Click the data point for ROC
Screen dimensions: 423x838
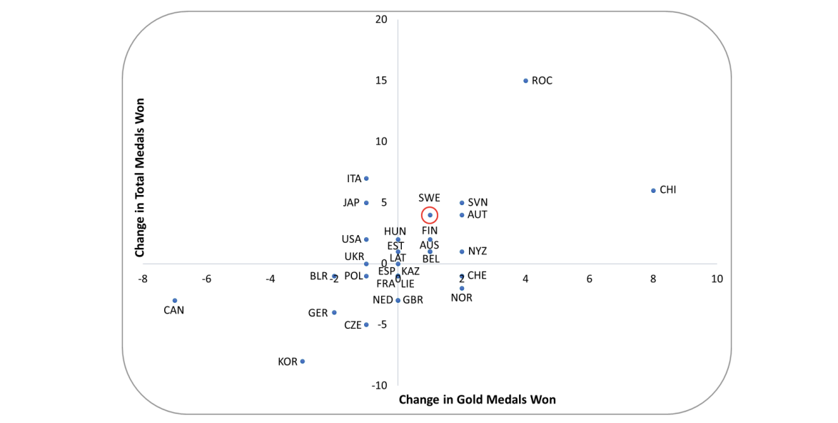(x=525, y=81)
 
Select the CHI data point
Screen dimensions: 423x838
(x=653, y=191)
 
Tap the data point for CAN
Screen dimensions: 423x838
(x=175, y=301)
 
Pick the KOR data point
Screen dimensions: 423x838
(x=303, y=362)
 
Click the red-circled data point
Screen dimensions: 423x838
(x=430, y=215)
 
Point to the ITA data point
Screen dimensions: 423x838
(x=366, y=179)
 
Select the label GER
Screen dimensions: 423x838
(x=318, y=313)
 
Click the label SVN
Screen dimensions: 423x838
(x=478, y=203)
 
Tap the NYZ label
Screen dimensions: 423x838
(x=478, y=252)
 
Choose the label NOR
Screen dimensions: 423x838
(x=462, y=298)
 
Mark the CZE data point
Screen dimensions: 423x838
(x=366, y=325)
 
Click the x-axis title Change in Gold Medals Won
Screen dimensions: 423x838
(x=477, y=399)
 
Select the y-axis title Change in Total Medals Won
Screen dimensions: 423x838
(x=140, y=178)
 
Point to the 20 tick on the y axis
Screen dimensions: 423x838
(x=381, y=19)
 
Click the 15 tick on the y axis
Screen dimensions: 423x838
(x=381, y=80)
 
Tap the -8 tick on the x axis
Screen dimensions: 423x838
(x=143, y=279)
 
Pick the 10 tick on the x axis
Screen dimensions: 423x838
(x=717, y=279)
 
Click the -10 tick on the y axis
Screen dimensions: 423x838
(x=379, y=386)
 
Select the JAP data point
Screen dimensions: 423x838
(x=366, y=203)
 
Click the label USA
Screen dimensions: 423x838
(x=351, y=239)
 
